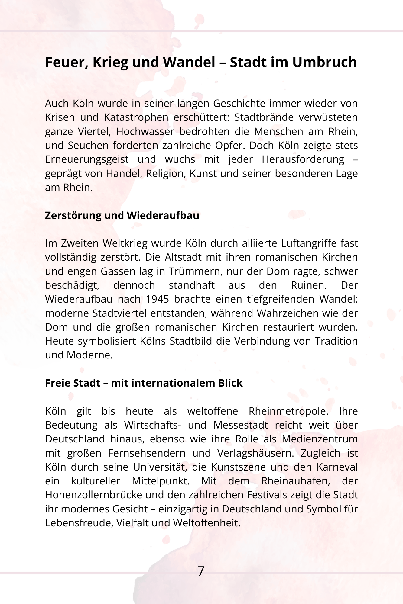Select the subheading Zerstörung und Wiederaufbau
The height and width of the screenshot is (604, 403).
pos(122,216)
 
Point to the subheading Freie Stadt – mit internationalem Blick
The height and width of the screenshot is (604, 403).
pos(144,383)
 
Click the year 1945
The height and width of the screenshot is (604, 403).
pos(157,299)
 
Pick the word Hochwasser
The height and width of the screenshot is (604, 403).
pos(145,132)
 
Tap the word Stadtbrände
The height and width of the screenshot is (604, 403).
pos(264,117)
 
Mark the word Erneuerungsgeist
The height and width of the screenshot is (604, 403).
pos(87,159)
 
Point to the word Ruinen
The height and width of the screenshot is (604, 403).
pos(309,285)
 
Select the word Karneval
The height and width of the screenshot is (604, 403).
pos(337,467)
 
